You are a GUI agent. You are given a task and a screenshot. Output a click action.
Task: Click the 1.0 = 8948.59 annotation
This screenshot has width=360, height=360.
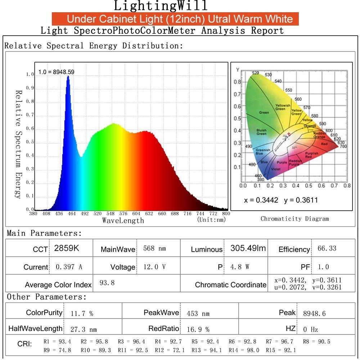(x=56, y=72)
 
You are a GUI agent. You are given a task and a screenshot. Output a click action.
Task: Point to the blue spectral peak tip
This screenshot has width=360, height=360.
(x=68, y=77)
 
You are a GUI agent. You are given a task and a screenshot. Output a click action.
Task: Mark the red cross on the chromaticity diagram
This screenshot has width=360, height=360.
(x=289, y=134)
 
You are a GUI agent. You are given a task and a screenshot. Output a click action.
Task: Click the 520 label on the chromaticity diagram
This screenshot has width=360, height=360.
(x=255, y=73)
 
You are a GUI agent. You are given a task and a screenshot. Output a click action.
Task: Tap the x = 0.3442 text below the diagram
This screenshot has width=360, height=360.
(x=261, y=200)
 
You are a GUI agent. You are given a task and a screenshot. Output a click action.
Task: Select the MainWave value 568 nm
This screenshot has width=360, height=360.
(x=154, y=248)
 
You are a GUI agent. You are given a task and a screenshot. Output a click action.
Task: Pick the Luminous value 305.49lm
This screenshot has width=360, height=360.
(x=248, y=248)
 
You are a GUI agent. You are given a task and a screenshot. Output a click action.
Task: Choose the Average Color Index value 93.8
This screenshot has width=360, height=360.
(x=107, y=283)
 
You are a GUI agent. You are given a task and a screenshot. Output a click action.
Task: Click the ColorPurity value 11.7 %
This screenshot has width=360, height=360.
(x=82, y=314)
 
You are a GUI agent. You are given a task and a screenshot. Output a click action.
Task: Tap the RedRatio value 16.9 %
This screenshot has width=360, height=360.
(x=198, y=329)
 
